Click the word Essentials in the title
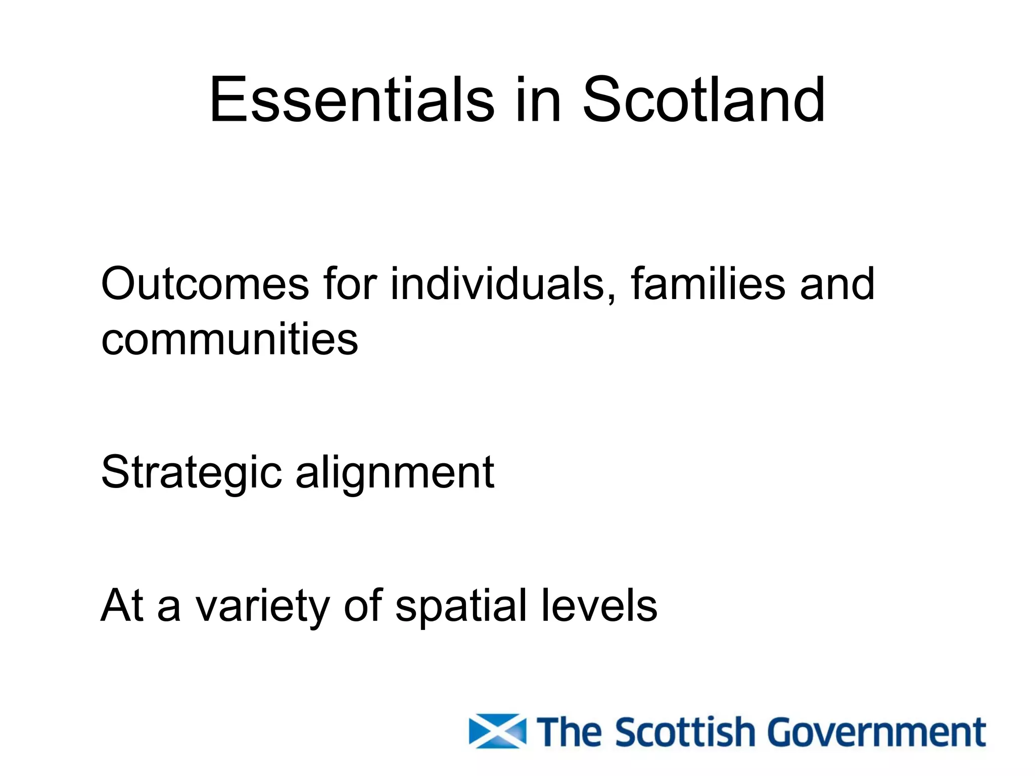point(352,99)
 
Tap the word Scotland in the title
point(703,99)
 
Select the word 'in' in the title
point(538,99)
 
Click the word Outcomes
point(205,284)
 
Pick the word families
point(708,284)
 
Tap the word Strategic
point(192,472)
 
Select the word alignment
point(395,472)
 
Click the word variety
point(263,606)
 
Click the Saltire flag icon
point(497,731)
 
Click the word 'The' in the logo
point(571,731)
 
